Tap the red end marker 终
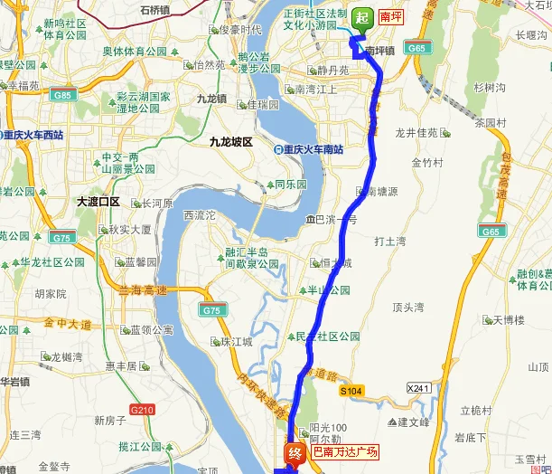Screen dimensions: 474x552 tap(295, 453)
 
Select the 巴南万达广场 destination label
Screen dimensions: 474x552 tap(344, 451)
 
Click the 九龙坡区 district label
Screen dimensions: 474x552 tap(230, 142)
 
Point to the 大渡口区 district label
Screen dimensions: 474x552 tap(98, 203)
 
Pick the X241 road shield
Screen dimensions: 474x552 tap(416, 387)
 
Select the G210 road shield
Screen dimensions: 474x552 tap(141, 410)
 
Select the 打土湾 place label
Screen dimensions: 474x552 tap(390, 242)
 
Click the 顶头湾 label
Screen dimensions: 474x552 tap(408, 307)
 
